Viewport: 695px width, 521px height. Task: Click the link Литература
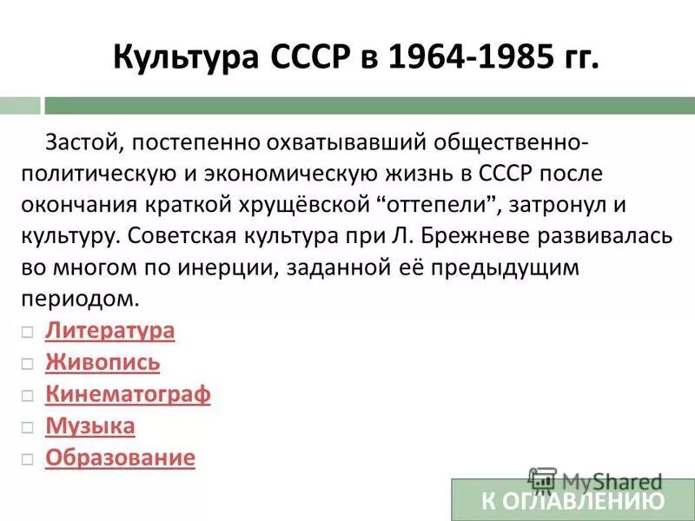click(x=109, y=331)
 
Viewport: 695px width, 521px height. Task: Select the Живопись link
click(x=103, y=363)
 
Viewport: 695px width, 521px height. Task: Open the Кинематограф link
click(x=128, y=395)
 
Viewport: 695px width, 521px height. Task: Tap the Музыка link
click(x=90, y=426)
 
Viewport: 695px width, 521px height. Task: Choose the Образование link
click(x=120, y=458)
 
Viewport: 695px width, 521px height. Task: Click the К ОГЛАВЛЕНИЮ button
click(x=573, y=500)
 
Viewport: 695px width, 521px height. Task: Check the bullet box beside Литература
click(x=29, y=332)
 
